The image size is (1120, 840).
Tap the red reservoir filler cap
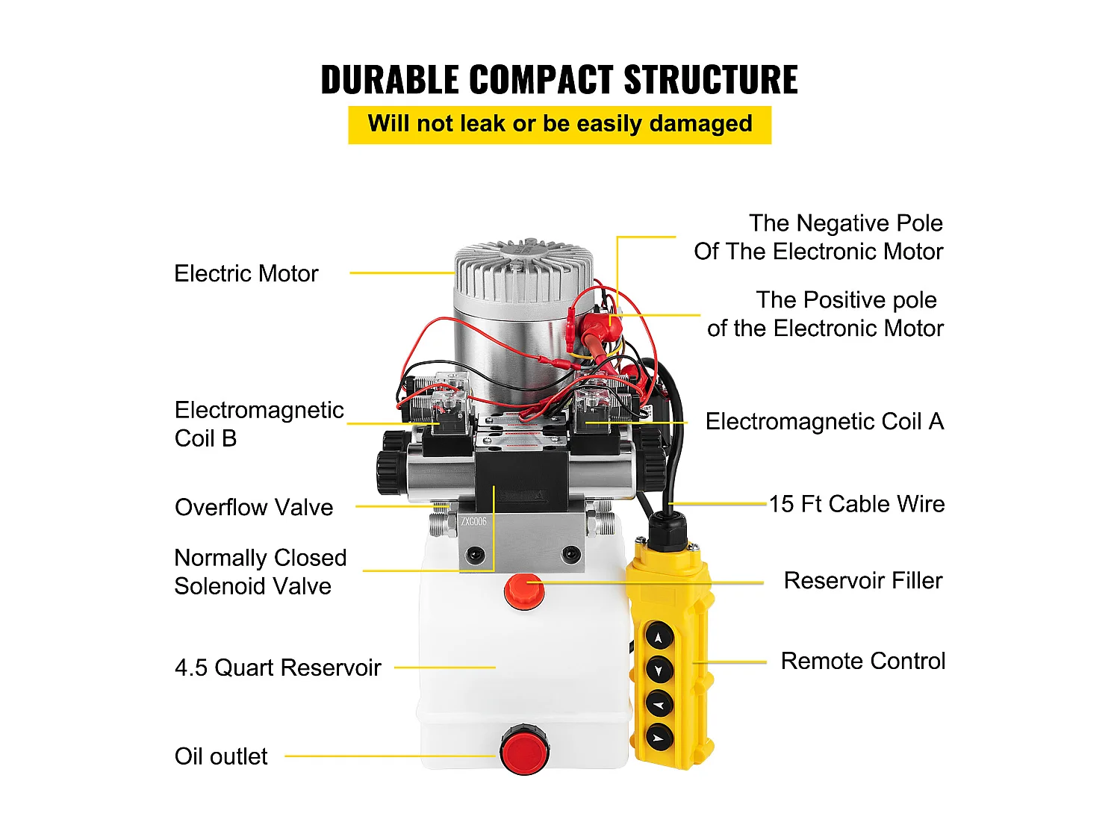[524, 591]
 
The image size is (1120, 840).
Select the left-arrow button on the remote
[659, 703]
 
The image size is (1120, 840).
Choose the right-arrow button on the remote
[659, 738]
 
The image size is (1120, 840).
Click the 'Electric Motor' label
[246, 274]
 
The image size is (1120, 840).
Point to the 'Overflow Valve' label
[254, 508]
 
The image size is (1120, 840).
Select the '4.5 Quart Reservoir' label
[278, 668]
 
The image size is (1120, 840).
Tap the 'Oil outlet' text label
[221, 756]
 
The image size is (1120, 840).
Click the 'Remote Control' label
[862, 662]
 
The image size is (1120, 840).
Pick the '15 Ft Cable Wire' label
[856, 504]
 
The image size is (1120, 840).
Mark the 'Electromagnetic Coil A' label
[824, 422]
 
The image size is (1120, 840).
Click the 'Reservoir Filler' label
[862, 581]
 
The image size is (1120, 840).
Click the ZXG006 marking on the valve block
[473, 522]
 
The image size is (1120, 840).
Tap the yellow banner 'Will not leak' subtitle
[559, 124]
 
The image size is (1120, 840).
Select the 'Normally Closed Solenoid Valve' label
[260, 572]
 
